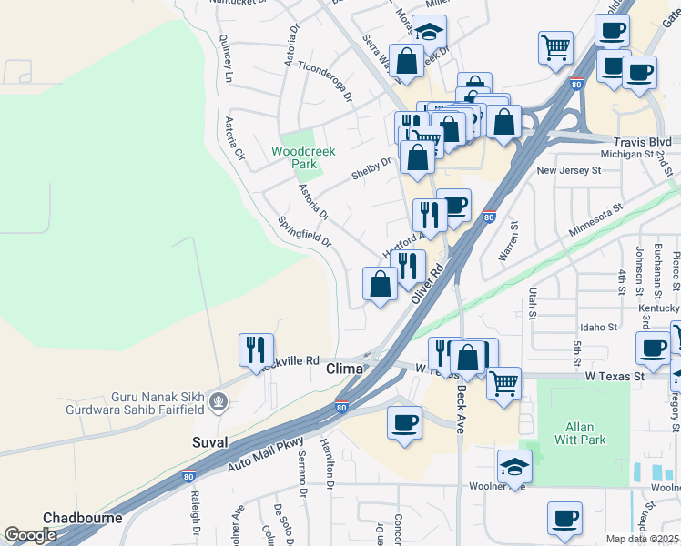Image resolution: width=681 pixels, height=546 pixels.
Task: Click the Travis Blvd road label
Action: (642, 142)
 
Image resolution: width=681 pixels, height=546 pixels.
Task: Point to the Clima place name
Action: (345, 369)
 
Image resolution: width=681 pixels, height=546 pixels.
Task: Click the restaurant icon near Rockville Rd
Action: (256, 349)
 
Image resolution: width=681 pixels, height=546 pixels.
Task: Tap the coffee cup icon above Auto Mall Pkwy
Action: (404, 422)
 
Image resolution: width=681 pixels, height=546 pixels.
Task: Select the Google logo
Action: (30, 535)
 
